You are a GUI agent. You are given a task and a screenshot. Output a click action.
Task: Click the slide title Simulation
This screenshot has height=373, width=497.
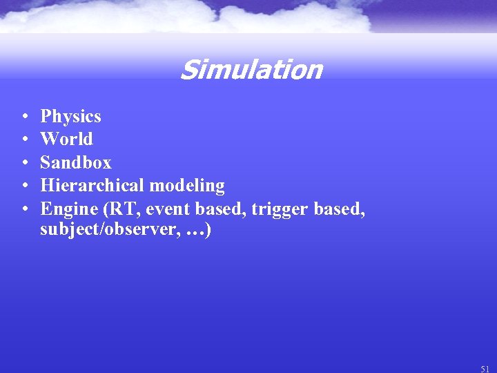251,70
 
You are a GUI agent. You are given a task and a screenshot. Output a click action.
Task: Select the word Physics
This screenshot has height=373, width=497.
70,116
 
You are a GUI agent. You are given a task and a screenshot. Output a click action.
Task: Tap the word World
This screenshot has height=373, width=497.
66,139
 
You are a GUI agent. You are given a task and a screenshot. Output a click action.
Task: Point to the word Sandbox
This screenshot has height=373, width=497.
75,162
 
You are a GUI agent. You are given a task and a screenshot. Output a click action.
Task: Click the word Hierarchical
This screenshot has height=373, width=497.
92,185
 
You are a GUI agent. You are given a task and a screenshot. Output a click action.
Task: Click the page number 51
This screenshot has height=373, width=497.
485,369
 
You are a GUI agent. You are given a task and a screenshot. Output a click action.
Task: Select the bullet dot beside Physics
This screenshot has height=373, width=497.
24,117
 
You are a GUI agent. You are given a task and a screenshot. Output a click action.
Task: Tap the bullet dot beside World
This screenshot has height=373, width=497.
24,140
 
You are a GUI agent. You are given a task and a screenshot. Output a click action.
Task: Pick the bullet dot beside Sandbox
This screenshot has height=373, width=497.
24,163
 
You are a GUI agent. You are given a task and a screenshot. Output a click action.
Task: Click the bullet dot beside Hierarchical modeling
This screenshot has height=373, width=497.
24,186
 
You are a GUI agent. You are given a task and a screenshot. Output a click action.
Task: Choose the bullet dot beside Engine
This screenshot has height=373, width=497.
24,209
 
